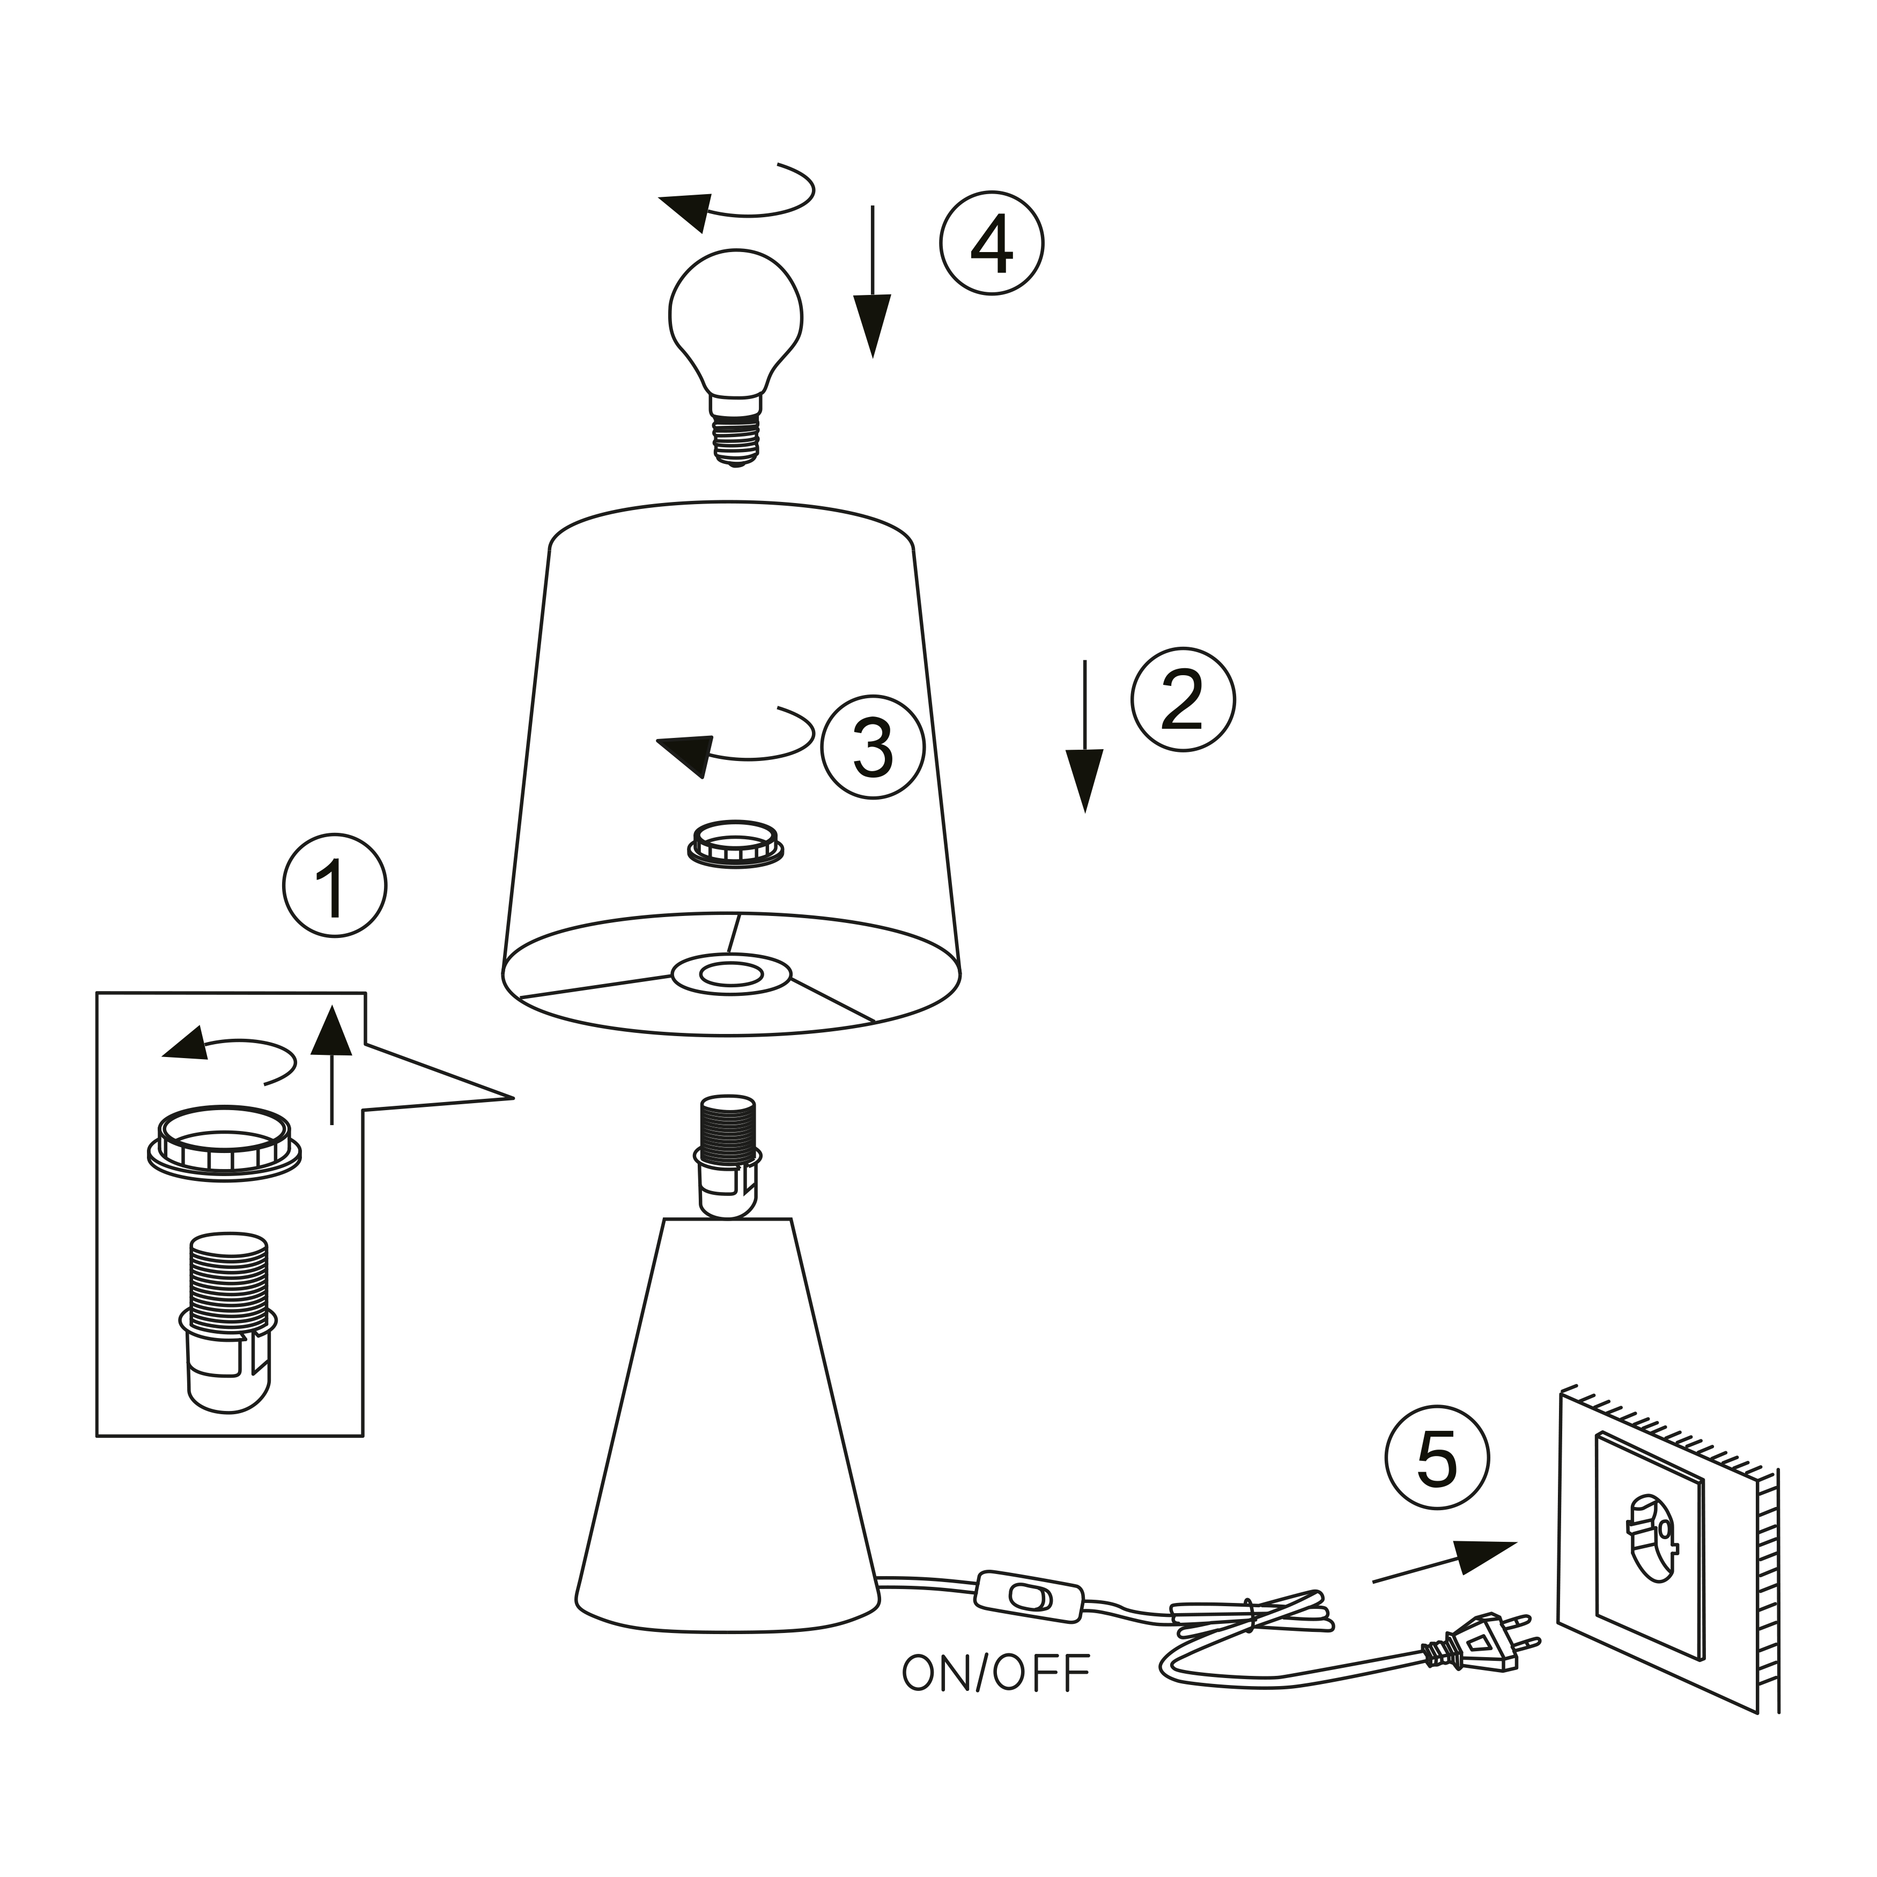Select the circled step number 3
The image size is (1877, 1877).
873,747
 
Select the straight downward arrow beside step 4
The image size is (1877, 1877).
873,281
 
